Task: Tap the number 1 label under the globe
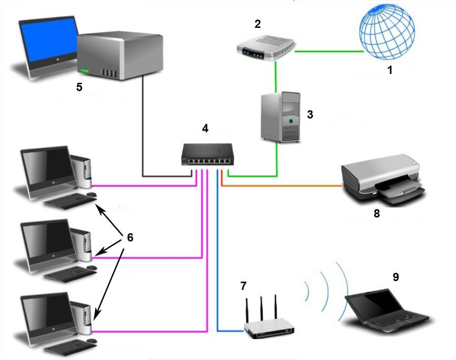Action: click(x=390, y=70)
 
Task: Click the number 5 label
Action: click(x=79, y=87)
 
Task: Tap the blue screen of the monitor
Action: click(x=48, y=40)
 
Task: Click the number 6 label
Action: click(x=130, y=238)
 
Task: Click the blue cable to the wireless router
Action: click(x=217, y=255)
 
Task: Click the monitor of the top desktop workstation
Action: click(x=47, y=167)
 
